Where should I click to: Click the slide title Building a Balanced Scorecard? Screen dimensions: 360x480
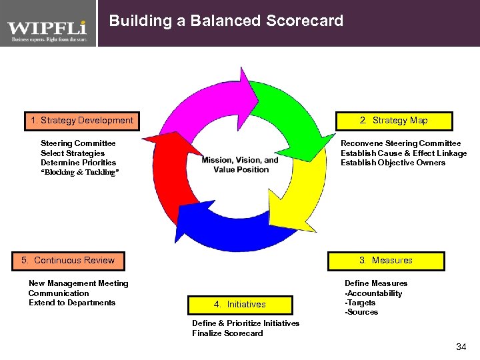coord(226,21)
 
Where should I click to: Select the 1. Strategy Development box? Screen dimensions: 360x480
coord(82,121)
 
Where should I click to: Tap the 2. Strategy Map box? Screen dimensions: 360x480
coord(393,121)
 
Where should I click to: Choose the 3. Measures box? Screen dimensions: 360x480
coord(385,260)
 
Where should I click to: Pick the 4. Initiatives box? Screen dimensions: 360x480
coord(240,304)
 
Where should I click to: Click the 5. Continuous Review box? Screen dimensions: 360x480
coord(67,260)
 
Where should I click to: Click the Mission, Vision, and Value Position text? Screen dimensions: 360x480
coord(240,165)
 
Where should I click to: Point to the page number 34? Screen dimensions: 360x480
coord(461,347)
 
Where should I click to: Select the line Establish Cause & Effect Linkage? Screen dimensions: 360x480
coord(403,153)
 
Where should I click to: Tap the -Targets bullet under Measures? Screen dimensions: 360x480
coord(360,303)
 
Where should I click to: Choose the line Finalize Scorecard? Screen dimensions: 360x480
coord(227,333)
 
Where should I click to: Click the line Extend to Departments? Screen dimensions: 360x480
coord(72,303)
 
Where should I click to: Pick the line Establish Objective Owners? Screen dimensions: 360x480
coord(393,163)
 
